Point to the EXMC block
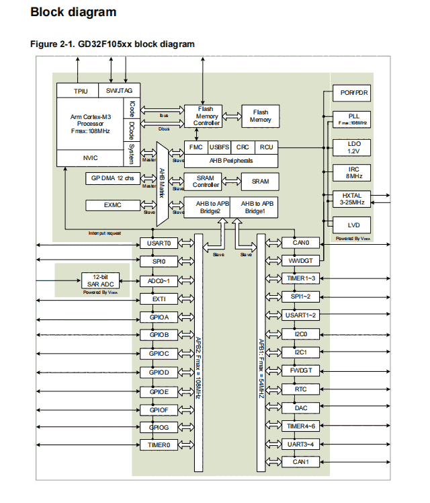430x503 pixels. [x=112, y=205]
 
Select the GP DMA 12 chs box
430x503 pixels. [x=112, y=178]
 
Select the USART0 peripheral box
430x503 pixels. [x=159, y=243]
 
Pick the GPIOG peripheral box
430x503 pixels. [x=159, y=427]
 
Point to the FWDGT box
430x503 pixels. [x=300, y=371]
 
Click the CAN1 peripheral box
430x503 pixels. [x=300, y=462]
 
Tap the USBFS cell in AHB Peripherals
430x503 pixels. [x=219, y=147]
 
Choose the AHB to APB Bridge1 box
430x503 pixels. [x=254, y=207]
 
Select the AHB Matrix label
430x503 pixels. [x=162, y=183]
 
